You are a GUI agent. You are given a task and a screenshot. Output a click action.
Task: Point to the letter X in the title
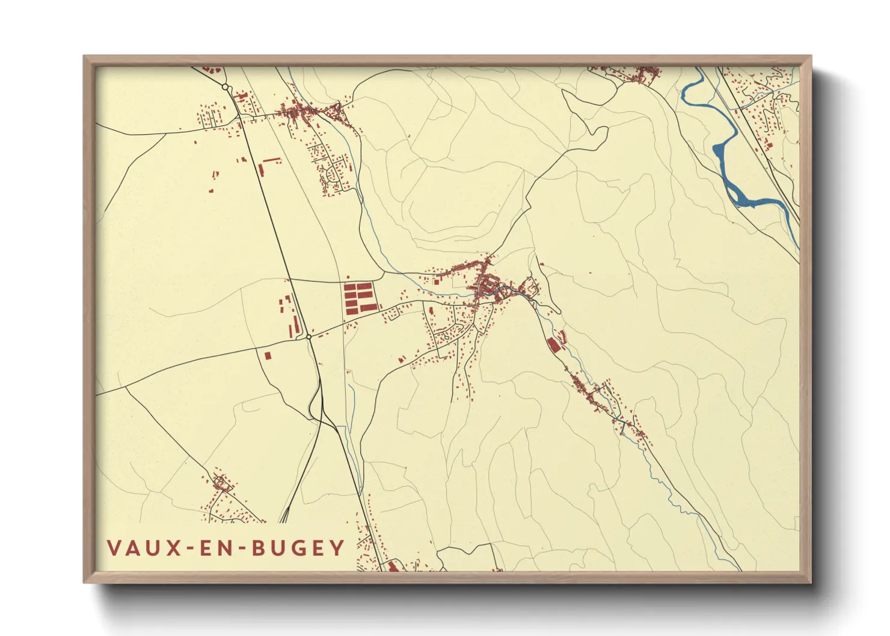pyautogui.click(x=174, y=548)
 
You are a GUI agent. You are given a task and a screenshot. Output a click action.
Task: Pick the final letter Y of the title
pyautogui.click(x=339, y=548)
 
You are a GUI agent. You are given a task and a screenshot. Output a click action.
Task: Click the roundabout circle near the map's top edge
pyautogui.click(x=226, y=88)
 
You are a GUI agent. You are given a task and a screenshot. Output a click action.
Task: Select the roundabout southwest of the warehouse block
pyautogui.click(x=308, y=337)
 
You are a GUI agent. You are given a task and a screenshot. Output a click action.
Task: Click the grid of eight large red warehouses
pyautogui.click(x=359, y=298)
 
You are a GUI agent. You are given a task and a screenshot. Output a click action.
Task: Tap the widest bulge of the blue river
pyautogui.click(x=720, y=154)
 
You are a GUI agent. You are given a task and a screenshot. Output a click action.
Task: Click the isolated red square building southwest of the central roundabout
pyautogui.click(x=268, y=355)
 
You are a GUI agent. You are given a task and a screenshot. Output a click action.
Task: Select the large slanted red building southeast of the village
pyautogui.click(x=553, y=345)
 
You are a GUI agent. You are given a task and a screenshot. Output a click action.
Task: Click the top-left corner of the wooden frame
pyautogui.click(x=84, y=56)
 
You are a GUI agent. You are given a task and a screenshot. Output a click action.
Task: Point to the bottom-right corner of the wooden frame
pyautogui.click(x=811, y=583)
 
